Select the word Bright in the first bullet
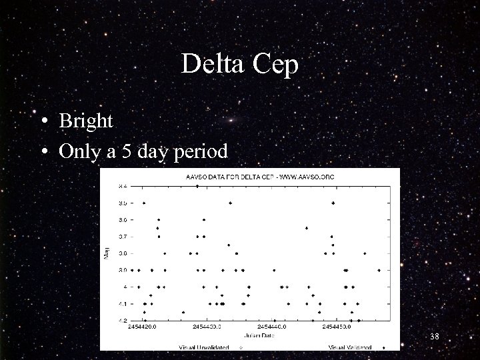86,121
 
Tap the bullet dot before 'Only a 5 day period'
43,151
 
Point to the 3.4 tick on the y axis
122,186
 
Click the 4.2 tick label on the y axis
122,321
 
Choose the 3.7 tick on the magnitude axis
122,236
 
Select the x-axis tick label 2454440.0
272,327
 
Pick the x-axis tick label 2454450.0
337,327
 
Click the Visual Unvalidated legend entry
204,347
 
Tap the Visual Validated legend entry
352,347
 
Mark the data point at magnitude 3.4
197,186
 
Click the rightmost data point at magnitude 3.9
379,270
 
